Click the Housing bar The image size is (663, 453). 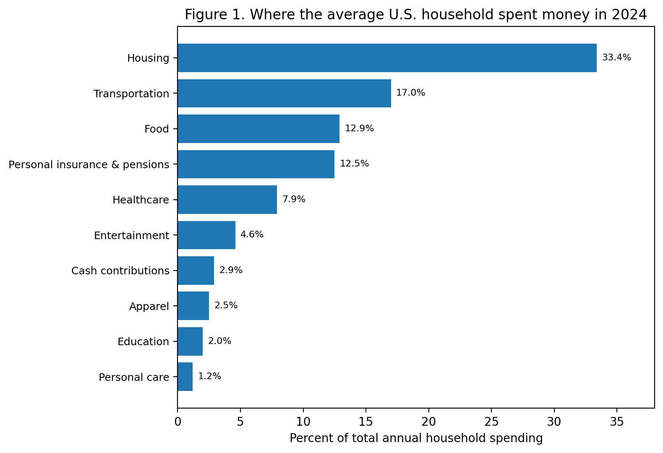click(x=387, y=58)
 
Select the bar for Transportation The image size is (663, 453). click(x=284, y=93)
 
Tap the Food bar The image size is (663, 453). click(x=258, y=129)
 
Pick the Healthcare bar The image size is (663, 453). click(x=227, y=200)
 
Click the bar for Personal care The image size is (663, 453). click(x=185, y=377)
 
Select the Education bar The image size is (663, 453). click(x=190, y=341)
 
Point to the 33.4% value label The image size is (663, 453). click(x=616, y=58)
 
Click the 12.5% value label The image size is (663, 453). click(x=354, y=164)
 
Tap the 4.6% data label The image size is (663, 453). click(x=252, y=235)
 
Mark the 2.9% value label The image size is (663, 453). click(x=231, y=271)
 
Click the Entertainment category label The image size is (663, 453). click(x=131, y=236)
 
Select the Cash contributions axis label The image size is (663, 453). click(x=120, y=271)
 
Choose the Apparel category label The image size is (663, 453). click(x=149, y=307)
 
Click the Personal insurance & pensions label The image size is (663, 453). click(x=89, y=165)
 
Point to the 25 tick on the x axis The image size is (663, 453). click(x=491, y=421)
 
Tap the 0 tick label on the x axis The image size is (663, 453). click(x=177, y=421)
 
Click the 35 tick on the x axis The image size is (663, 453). click(x=617, y=421)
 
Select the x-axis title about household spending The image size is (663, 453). click(x=416, y=439)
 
